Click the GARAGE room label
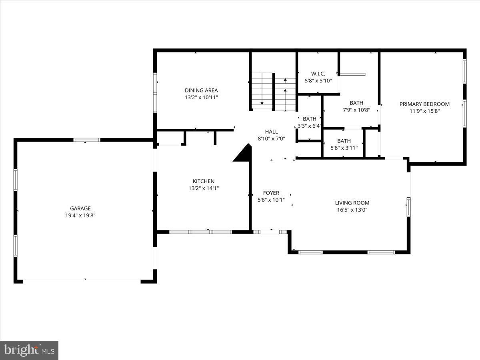tap(80, 208)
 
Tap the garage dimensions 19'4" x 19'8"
tap(80, 215)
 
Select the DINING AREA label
tap(201, 90)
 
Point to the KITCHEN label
tap(204, 181)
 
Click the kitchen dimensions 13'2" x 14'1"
tap(204, 188)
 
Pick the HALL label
tap(271, 132)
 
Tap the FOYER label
tap(271, 193)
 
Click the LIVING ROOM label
tap(352, 203)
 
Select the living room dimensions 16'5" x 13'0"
tap(352, 210)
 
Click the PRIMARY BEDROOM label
tap(424, 104)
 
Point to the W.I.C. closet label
tap(318, 74)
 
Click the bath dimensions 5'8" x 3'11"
tap(344, 148)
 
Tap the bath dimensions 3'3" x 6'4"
tap(309, 126)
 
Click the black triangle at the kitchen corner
tap(244, 155)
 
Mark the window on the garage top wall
tap(86, 140)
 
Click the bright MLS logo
tap(29, 350)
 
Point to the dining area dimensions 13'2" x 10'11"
tap(201, 97)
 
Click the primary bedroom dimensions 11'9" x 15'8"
tap(424, 111)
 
